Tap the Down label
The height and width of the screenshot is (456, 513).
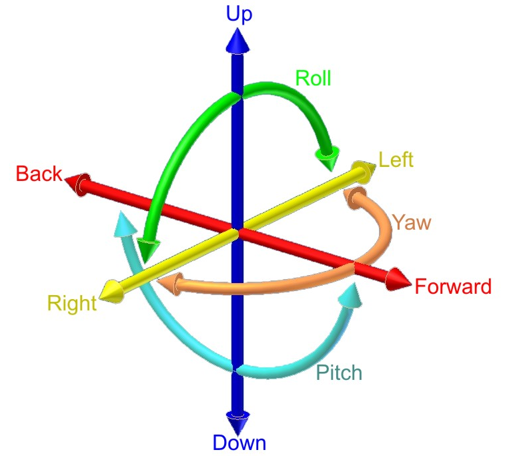(239, 442)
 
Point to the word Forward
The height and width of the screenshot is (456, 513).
(452, 287)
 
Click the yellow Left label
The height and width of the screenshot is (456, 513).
(396, 160)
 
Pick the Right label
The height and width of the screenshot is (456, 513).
(71, 304)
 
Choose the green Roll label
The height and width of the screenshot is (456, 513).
(313, 79)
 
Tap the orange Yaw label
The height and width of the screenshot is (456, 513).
(411, 222)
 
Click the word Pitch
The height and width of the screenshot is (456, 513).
(339, 373)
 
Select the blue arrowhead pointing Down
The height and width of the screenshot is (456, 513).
(238, 421)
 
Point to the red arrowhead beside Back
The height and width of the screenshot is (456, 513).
(79, 183)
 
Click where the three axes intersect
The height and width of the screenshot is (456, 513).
(237, 231)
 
